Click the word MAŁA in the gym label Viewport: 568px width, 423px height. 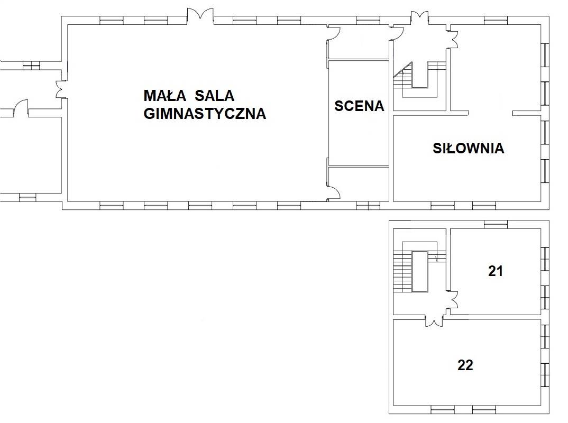pos(165,96)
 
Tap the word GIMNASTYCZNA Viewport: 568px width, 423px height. pos(205,113)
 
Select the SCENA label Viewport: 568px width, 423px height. pos(359,106)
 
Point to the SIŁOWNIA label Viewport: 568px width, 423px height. pos(469,148)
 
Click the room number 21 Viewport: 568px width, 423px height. pos(495,271)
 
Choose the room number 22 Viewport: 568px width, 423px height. pos(465,365)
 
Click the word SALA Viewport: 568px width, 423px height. pos(214,96)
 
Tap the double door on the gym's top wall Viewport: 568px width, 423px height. pos(200,14)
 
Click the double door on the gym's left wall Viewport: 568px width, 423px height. pos(61,89)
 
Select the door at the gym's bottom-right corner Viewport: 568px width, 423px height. pos(334,192)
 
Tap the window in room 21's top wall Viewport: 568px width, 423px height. pos(496,225)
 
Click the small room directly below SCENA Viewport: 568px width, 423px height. pos(359,183)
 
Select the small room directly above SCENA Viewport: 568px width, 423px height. pos(359,42)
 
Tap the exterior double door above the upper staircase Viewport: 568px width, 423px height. pos(420,18)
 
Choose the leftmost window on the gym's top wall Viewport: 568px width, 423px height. pos(112,20)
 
